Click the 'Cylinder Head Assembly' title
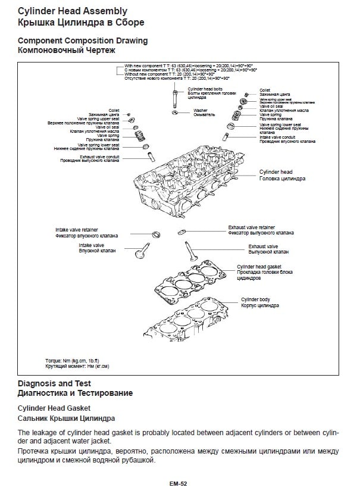click(72, 11)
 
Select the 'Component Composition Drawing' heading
click(83, 40)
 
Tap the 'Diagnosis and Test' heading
click(54, 383)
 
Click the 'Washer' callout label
click(201, 110)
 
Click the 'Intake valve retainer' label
click(77, 229)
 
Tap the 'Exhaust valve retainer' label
click(252, 227)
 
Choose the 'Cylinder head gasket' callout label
click(259, 267)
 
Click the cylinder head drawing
click(190, 188)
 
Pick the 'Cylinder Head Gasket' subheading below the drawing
click(54, 408)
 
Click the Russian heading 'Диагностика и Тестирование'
click(76, 393)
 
